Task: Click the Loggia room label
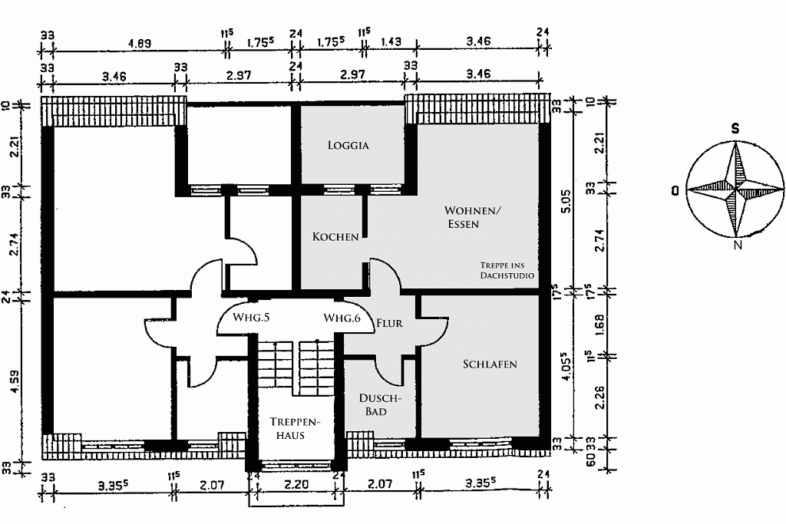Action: (348, 145)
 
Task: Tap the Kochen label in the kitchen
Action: (335, 236)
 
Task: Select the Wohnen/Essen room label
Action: (472, 217)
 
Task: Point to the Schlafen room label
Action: (490, 364)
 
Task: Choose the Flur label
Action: (389, 324)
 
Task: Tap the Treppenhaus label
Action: (291, 428)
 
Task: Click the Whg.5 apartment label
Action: (252, 318)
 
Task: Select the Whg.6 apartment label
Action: (342, 318)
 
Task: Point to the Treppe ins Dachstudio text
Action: (507, 271)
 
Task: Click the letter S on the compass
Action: (735, 129)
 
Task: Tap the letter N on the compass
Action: (738, 245)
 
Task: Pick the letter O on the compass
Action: (676, 190)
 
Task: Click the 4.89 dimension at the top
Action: (140, 43)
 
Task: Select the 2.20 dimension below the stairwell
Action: (296, 484)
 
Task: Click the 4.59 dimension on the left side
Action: (15, 382)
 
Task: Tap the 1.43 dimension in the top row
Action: (391, 42)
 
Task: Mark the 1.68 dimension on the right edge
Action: (600, 323)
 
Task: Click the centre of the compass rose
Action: (735, 189)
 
